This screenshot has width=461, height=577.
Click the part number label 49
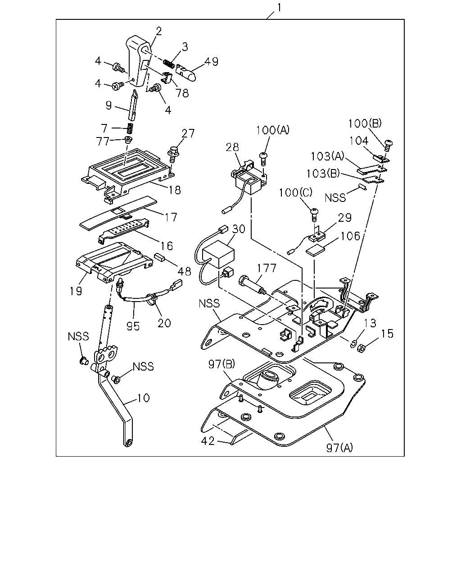[x=211, y=61]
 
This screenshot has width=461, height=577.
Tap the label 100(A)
[x=273, y=130]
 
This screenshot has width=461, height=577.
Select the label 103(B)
[x=323, y=174]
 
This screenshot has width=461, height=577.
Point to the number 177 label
[x=267, y=268]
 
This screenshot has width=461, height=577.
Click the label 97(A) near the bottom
[x=339, y=448]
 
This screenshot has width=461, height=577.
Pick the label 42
[x=208, y=441]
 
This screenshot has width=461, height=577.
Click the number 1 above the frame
[x=279, y=8]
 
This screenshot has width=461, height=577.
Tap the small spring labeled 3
[x=169, y=64]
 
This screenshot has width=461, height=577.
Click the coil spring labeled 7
[x=130, y=128]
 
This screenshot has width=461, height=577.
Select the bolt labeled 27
[x=173, y=154]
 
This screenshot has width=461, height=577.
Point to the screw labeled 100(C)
[x=314, y=215]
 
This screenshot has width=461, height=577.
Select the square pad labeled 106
[x=316, y=251]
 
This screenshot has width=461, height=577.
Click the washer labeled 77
[x=129, y=140]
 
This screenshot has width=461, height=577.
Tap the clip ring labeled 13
[x=353, y=343]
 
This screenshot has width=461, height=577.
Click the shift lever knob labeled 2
[x=138, y=61]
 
